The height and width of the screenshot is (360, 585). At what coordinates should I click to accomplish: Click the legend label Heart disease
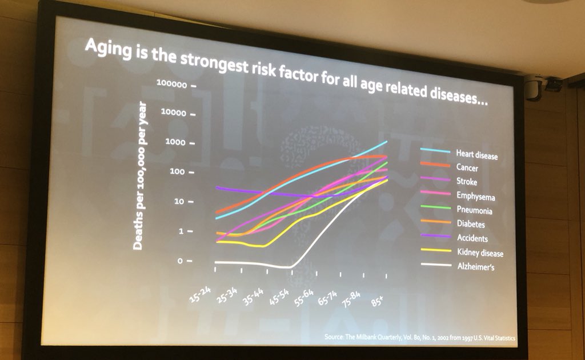click(476, 155)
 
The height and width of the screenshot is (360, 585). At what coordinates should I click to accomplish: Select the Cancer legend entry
click(467, 169)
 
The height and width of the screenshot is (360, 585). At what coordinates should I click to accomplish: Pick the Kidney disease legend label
click(479, 252)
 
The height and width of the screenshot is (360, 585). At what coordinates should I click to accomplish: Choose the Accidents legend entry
click(472, 238)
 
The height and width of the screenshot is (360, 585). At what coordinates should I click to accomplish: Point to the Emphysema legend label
click(475, 197)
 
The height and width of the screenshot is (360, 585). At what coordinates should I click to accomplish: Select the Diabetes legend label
click(470, 225)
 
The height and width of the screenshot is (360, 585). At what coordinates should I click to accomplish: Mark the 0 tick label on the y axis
click(181, 261)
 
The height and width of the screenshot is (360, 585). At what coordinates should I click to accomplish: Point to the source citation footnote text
click(419, 338)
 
